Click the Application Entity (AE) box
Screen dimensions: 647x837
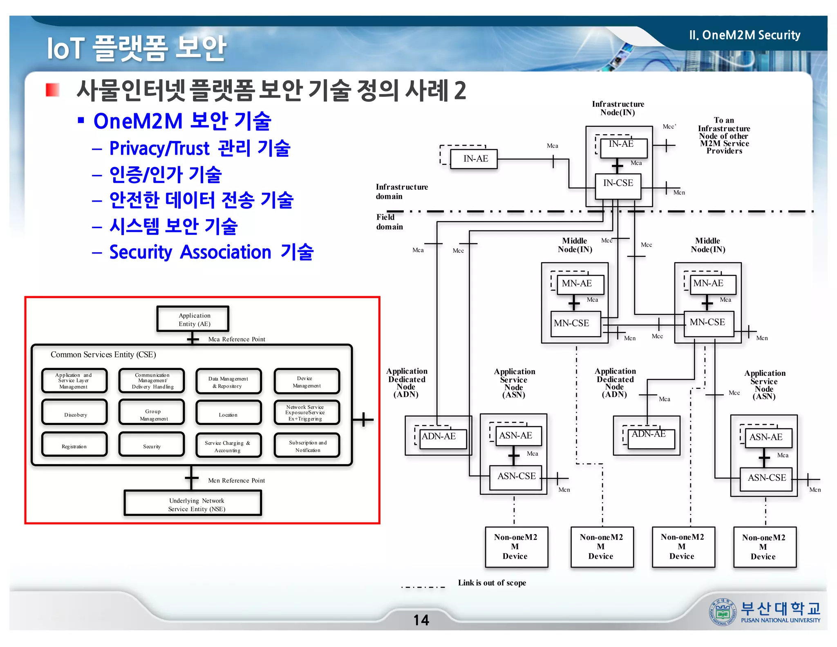[192, 319]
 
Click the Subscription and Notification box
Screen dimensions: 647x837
[307, 445]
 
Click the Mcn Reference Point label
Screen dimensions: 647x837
[236, 480]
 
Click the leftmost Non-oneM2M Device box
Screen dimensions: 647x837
[516, 546]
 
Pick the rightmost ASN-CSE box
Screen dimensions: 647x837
[766, 479]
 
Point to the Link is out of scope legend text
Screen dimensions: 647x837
[492, 583]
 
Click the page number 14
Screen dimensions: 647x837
[421, 620]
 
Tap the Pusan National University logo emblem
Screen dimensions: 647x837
[722, 612]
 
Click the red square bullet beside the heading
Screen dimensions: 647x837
[52, 90]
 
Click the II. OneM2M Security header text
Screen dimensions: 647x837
[744, 35]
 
